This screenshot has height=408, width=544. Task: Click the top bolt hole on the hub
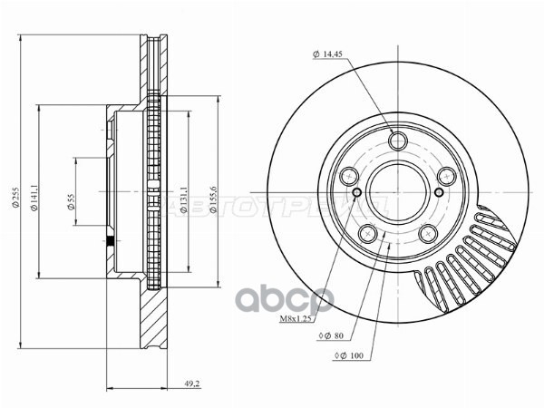396,141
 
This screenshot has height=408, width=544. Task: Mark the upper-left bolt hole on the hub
349,178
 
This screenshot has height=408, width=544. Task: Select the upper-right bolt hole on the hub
444,178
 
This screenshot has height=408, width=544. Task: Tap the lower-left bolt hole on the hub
367,234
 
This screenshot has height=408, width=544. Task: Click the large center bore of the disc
396,193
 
